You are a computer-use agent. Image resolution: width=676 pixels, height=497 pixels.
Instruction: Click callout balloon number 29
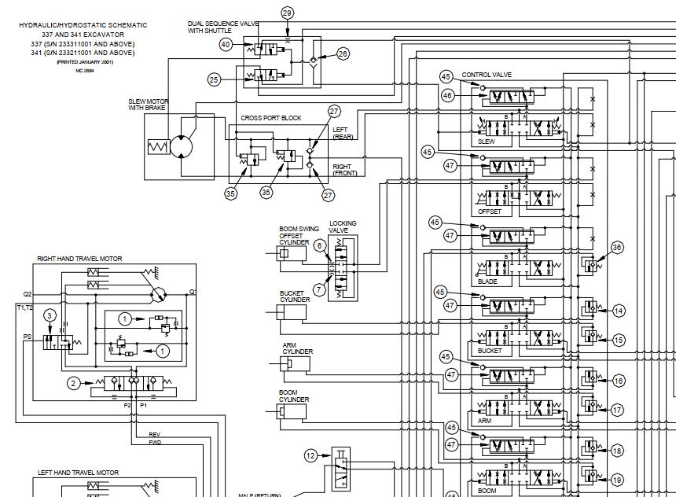(x=287, y=13)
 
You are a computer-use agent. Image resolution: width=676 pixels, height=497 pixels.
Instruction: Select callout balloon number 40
(x=226, y=45)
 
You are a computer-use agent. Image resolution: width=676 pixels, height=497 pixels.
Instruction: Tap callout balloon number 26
(x=343, y=53)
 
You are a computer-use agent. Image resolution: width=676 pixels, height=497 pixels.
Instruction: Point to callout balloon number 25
(x=215, y=79)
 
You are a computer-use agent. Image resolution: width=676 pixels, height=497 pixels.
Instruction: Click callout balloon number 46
(x=448, y=95)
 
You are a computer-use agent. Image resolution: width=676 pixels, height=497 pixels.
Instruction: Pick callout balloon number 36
(x=617, y=248)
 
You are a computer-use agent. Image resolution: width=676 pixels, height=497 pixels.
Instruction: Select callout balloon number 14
(x=619, y=311)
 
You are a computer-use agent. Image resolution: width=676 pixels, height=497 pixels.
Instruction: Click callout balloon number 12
(x=311, y=455)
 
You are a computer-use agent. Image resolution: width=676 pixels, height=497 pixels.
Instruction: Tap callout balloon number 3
(x=50, y=315)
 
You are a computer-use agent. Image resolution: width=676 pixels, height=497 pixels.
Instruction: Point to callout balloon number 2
(x=73, y=383)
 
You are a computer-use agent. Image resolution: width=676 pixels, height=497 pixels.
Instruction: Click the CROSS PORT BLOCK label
(x=270, y=118)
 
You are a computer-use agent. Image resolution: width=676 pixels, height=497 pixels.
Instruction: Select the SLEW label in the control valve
(x=487, y=142)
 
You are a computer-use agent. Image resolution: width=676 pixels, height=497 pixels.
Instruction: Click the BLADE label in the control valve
(x=487, y=282)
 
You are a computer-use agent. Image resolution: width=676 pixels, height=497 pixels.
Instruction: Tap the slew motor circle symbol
(x=182, y=147)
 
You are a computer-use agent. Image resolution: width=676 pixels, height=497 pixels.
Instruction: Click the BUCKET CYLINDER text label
(x=296, y=296)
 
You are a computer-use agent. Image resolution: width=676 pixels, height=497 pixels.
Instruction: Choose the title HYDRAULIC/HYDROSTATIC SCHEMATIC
(x=83, y=25)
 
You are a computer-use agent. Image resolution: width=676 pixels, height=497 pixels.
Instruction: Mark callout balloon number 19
(x=617, y=480)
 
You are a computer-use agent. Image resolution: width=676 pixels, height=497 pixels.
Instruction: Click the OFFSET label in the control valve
(x=490, y=212)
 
